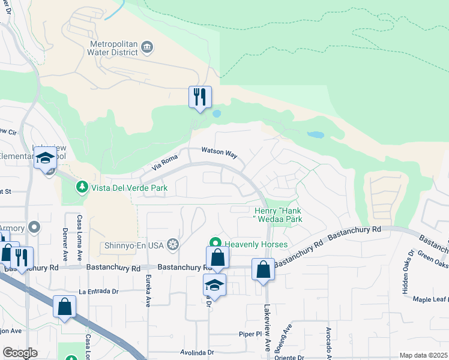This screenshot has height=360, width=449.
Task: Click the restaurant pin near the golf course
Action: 200,97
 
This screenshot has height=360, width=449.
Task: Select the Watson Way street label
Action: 219,152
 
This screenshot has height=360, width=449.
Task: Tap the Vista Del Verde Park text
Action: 129,188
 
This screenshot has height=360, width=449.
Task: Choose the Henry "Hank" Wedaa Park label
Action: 278,215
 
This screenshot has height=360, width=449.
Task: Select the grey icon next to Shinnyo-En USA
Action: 173,244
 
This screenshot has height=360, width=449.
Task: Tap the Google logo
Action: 20,353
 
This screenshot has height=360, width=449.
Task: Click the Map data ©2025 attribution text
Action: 423,355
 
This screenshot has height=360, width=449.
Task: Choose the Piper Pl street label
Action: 252,333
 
